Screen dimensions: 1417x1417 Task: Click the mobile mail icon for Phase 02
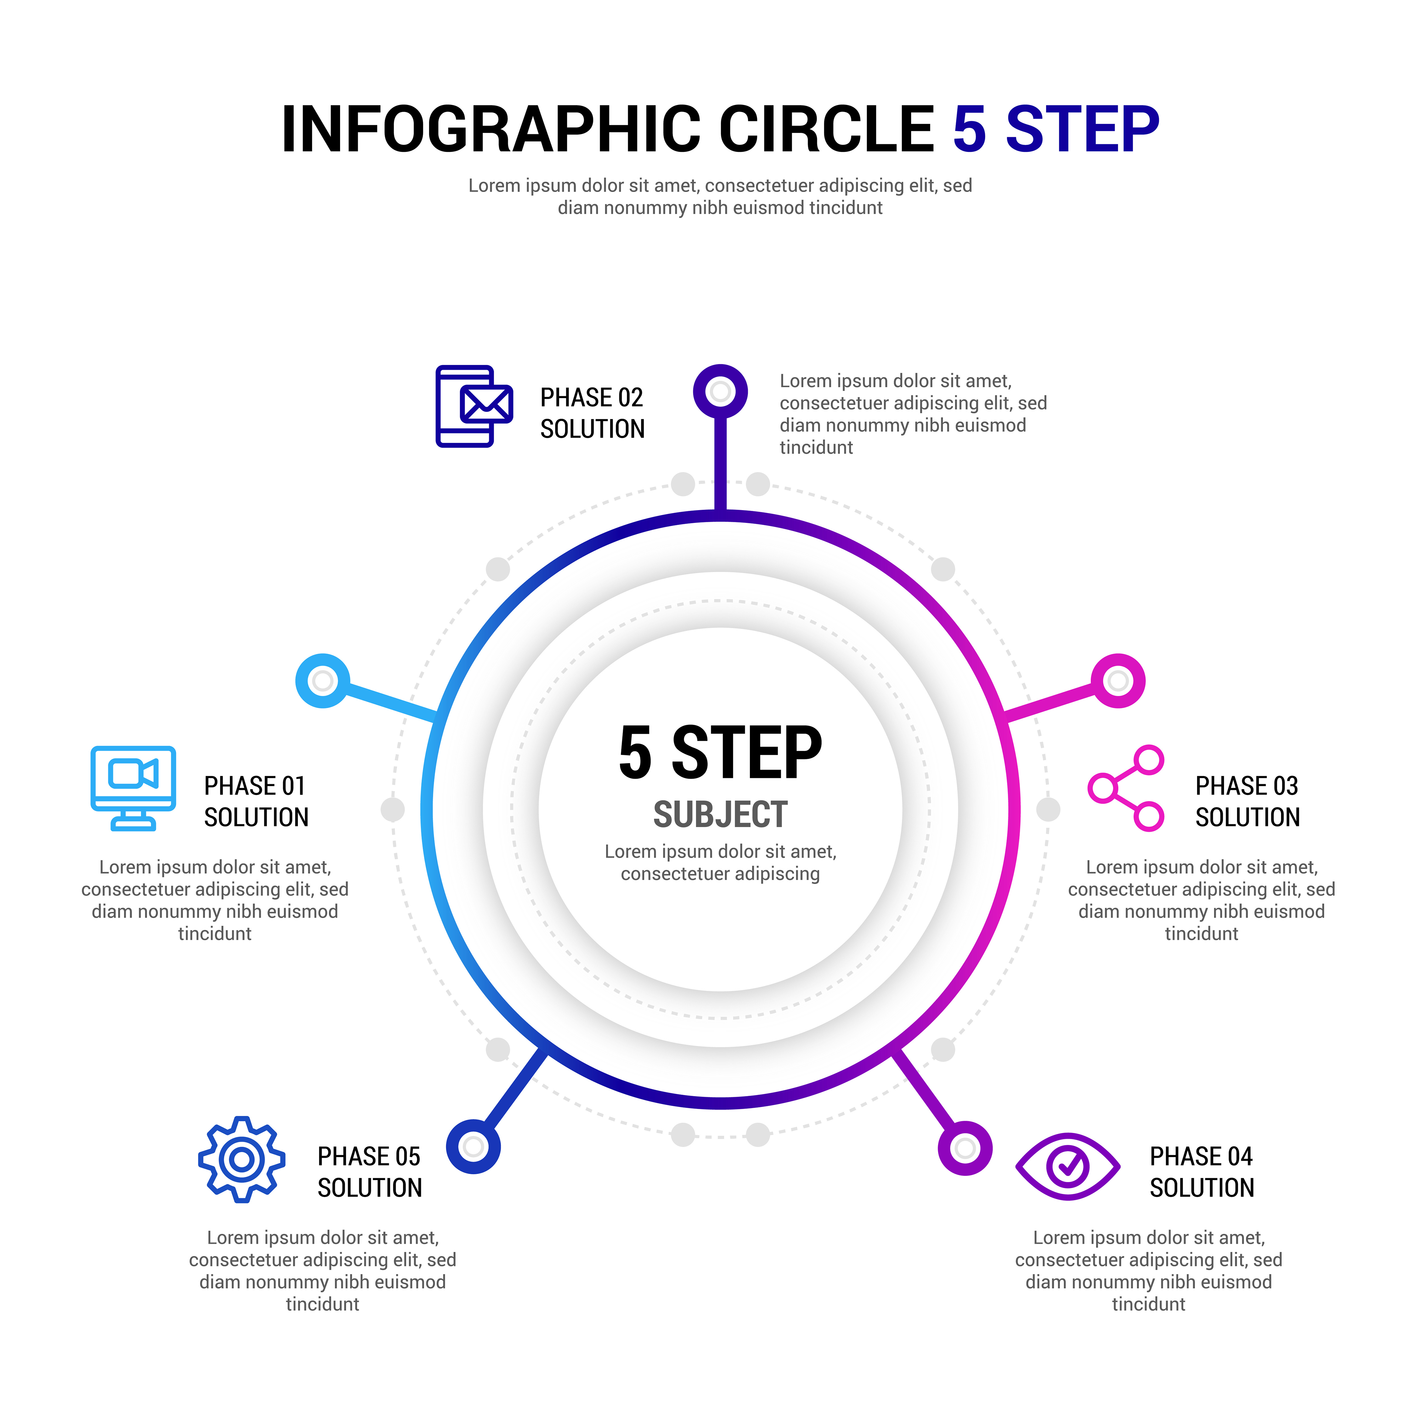474,406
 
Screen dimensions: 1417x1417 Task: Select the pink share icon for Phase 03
1126,789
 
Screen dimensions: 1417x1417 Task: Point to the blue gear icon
241,1159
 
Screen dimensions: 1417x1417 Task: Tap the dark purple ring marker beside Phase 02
720,391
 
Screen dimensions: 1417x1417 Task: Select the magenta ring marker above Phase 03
1118,681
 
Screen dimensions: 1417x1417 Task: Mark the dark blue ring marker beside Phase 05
474,1146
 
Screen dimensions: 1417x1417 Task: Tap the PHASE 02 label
591,397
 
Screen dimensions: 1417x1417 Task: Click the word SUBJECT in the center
720,815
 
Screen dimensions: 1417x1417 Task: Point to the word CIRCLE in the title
826,129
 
